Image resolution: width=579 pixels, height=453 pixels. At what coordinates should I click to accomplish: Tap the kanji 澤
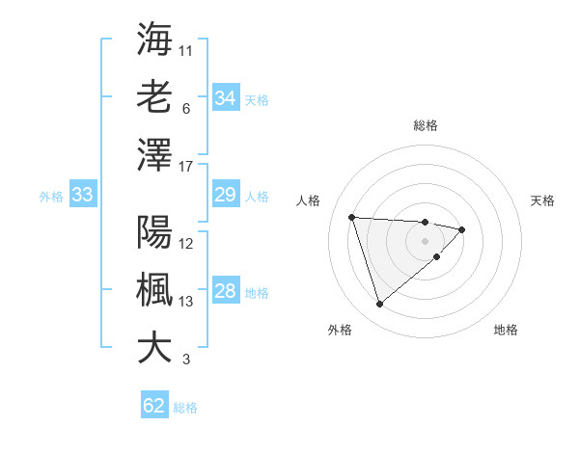tap(154, 154)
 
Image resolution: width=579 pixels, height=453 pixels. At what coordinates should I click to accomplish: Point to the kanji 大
tap(154, 347)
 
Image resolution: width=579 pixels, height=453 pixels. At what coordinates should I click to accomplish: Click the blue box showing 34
tap(225, 98)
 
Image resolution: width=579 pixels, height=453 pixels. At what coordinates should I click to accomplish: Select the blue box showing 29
tap(225, 196)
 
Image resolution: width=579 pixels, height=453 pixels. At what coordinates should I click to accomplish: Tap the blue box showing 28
tap(225, 292)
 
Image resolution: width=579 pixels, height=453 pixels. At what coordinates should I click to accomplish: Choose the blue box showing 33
tap(82, 196)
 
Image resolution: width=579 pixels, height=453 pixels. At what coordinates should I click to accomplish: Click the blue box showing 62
tap(153, 406)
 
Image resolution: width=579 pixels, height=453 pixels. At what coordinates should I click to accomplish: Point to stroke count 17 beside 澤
tap(186, 167)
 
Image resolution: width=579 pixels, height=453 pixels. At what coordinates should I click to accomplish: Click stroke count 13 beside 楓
tap(186, 302)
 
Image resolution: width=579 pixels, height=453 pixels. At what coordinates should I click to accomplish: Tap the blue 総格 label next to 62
tap(185, 408)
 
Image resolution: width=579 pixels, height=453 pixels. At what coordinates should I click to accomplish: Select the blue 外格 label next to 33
tap(51, 197)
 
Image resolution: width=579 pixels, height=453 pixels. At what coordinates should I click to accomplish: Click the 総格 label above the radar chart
tap(425, 125)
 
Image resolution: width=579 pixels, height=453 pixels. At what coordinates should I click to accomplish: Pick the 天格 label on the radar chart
tap(543, 200)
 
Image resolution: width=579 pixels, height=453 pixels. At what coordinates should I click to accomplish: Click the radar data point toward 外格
tap(379, 305)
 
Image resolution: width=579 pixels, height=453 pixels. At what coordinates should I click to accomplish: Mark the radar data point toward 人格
tap(352, 217)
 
